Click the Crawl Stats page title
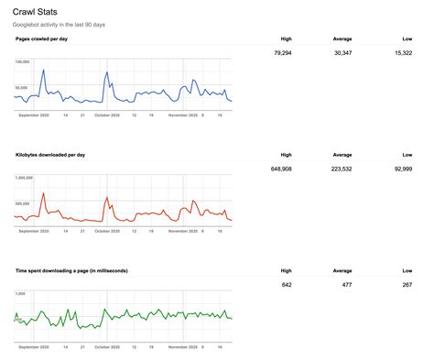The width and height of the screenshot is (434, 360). tap(37, 11)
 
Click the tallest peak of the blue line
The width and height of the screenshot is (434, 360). tap(107, 71)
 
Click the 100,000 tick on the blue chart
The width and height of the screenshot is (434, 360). tap(24, 62)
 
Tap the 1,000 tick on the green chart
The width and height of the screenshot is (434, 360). tap(20, 294)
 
